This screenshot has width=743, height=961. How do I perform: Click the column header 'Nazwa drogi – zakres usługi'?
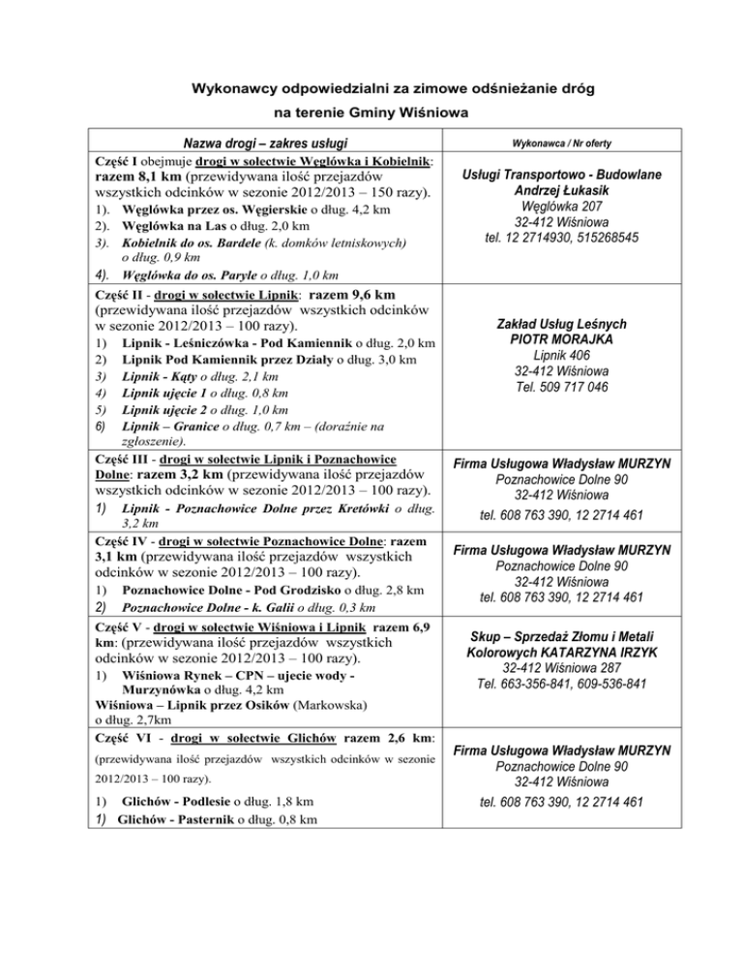pos(263,143)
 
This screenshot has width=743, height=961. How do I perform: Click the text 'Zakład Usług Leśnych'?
pos(561,323)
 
